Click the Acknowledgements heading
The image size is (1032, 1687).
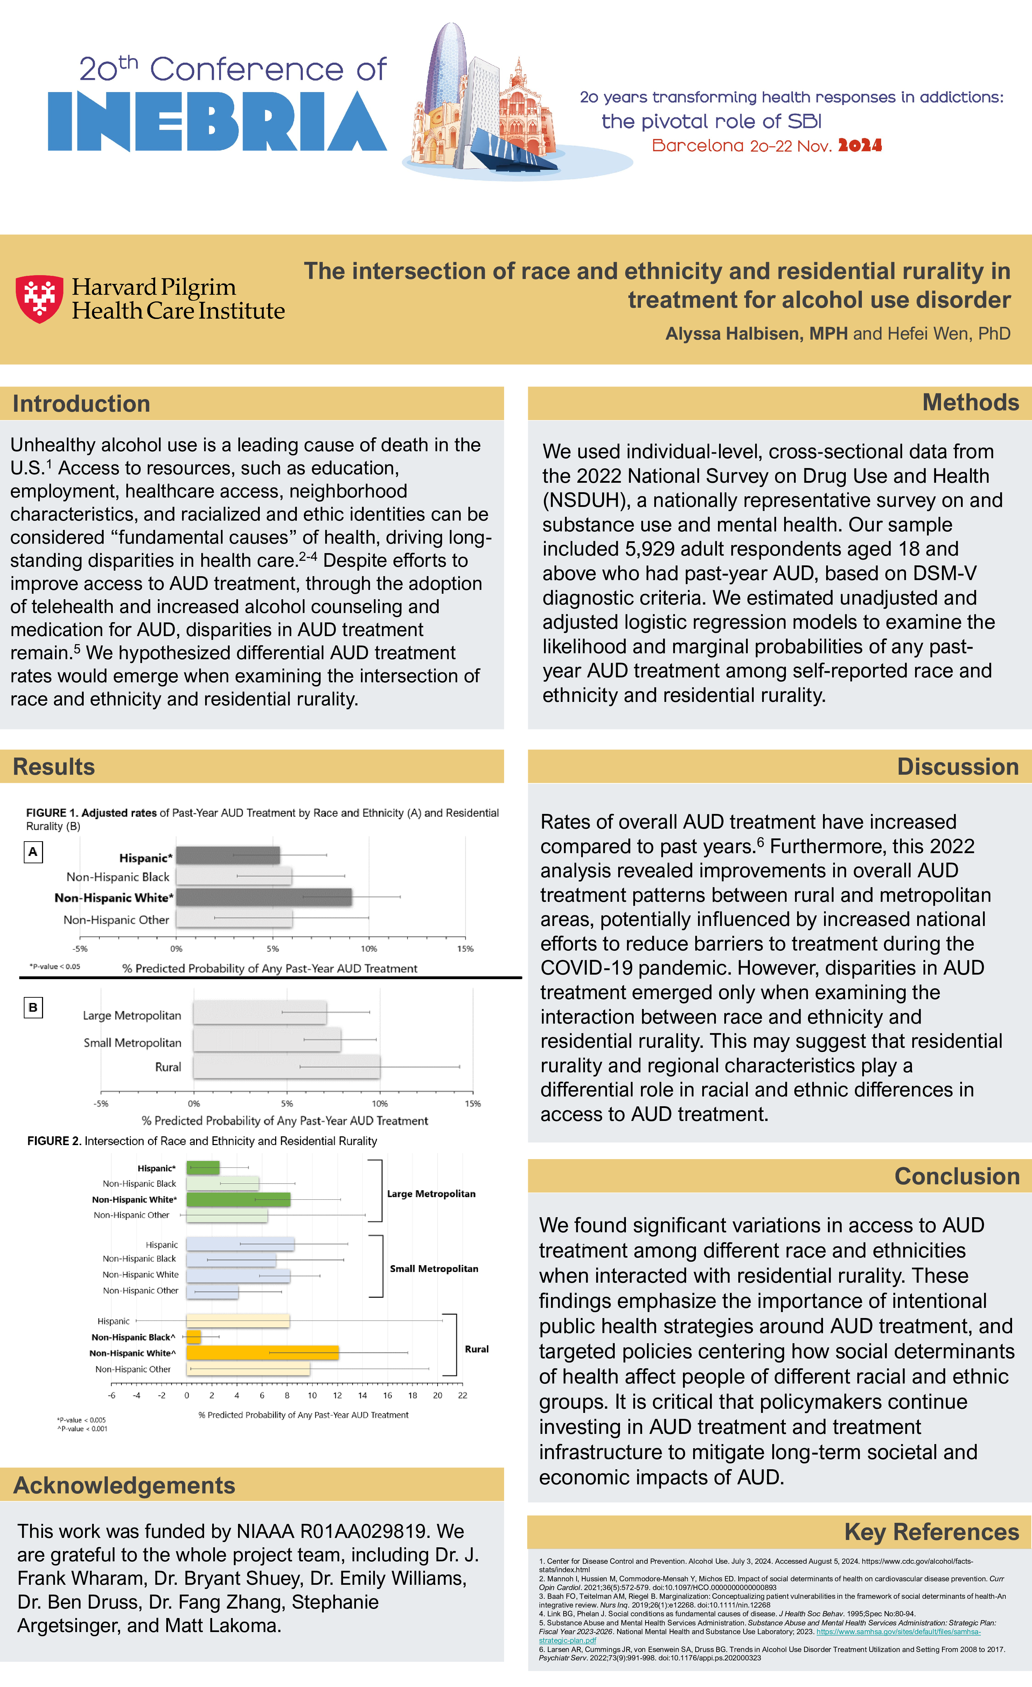point(124,1485)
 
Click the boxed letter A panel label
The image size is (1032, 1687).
point(33,852)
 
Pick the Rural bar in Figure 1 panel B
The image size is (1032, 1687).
point(286,1067)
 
